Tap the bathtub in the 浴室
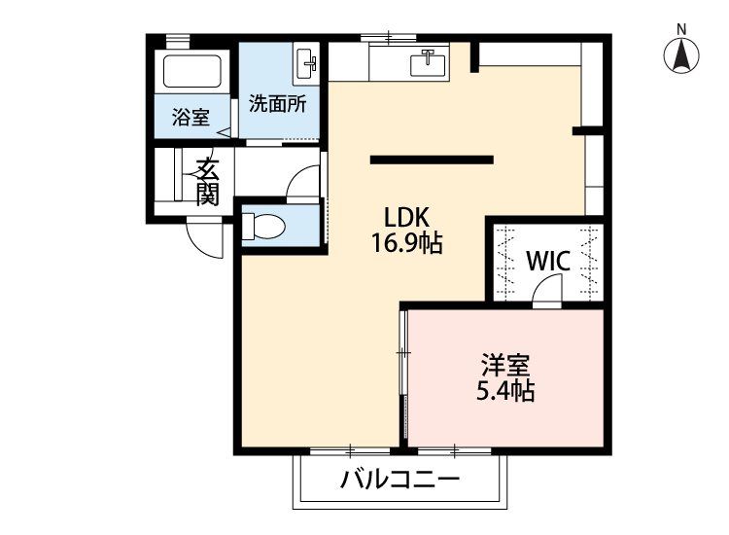pyautogui.click(x=192, y=71)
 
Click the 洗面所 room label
pyautogui.click(x=278, y=104)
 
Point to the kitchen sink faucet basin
pyautogui.click(x=428, y=63)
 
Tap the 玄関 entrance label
pyautogui.click(x=207, y=182)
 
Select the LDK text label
pyautogui.click(x=406, y=217)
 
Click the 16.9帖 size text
pyautogui.click(x=406, y=242)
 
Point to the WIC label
pyautogui.click(x=548, y=261)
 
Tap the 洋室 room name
pyautogui.click(x=505, y=365)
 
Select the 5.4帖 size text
pyautogui.click(x=505, y=391)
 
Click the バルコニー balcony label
pyautogui.click(x=399, y=479)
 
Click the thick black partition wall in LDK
pyautogui.click(x=432, y=160)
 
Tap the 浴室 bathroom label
pyautogui.click(x=191, y=117)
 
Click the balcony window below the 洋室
pyautogui.click(x=454, y=450)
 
